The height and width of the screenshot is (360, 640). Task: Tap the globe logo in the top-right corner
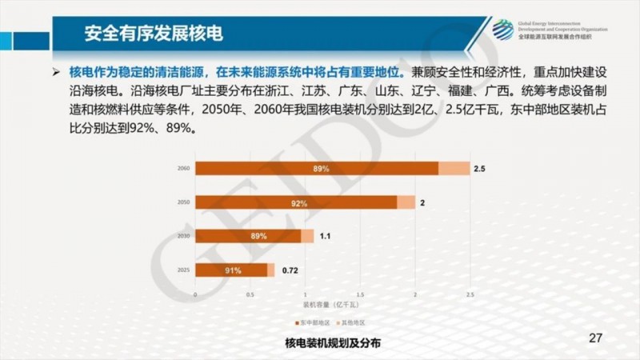point(503,30)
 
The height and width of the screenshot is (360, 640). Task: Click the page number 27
point(594,337)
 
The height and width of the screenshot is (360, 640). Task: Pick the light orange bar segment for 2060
point(454,168)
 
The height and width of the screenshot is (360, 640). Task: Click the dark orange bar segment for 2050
point(296,202)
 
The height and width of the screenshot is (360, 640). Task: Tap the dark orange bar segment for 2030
point(248,236)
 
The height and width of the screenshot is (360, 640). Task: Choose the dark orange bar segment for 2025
point(232,270)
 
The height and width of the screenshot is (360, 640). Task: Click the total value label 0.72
point(290,271)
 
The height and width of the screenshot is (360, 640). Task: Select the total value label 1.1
point(326,237)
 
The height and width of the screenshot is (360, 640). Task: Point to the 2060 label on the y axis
point(183,169)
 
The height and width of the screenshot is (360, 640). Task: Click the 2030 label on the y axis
point(183,237)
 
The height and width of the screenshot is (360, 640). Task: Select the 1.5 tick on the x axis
point(360,295)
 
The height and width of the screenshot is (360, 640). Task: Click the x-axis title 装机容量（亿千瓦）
point(331,306)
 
